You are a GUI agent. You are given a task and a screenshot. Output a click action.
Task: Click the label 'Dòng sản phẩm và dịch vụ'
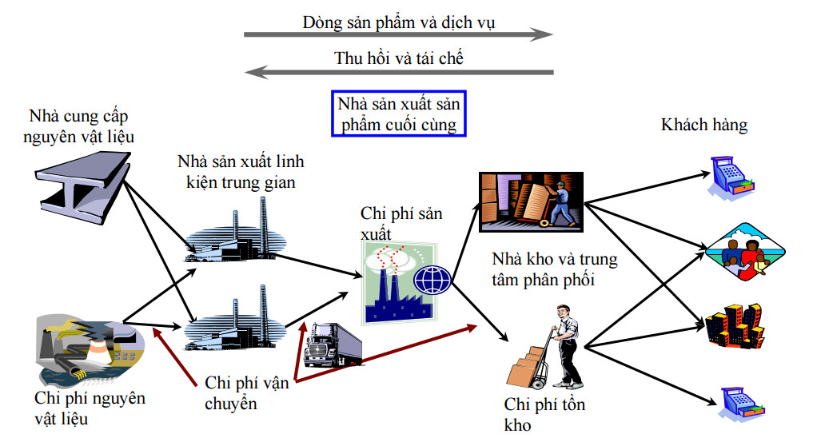click(398, 22)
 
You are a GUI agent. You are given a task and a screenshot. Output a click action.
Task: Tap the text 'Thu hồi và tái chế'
click(398, 58)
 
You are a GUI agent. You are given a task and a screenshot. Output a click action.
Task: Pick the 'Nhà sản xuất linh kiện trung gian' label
click(240, 172)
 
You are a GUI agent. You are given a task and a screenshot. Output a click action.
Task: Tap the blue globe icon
click(432, 280)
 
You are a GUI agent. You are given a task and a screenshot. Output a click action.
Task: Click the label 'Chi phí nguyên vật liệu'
click(90, 407)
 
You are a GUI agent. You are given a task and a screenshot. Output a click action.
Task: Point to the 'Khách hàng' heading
click(704, 125)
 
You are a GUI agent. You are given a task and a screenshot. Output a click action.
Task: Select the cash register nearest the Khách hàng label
click(733, 177)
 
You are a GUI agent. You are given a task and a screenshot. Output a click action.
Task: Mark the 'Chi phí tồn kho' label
click(544, 414)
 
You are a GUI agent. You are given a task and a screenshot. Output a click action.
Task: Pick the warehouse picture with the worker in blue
click(530, 202)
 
